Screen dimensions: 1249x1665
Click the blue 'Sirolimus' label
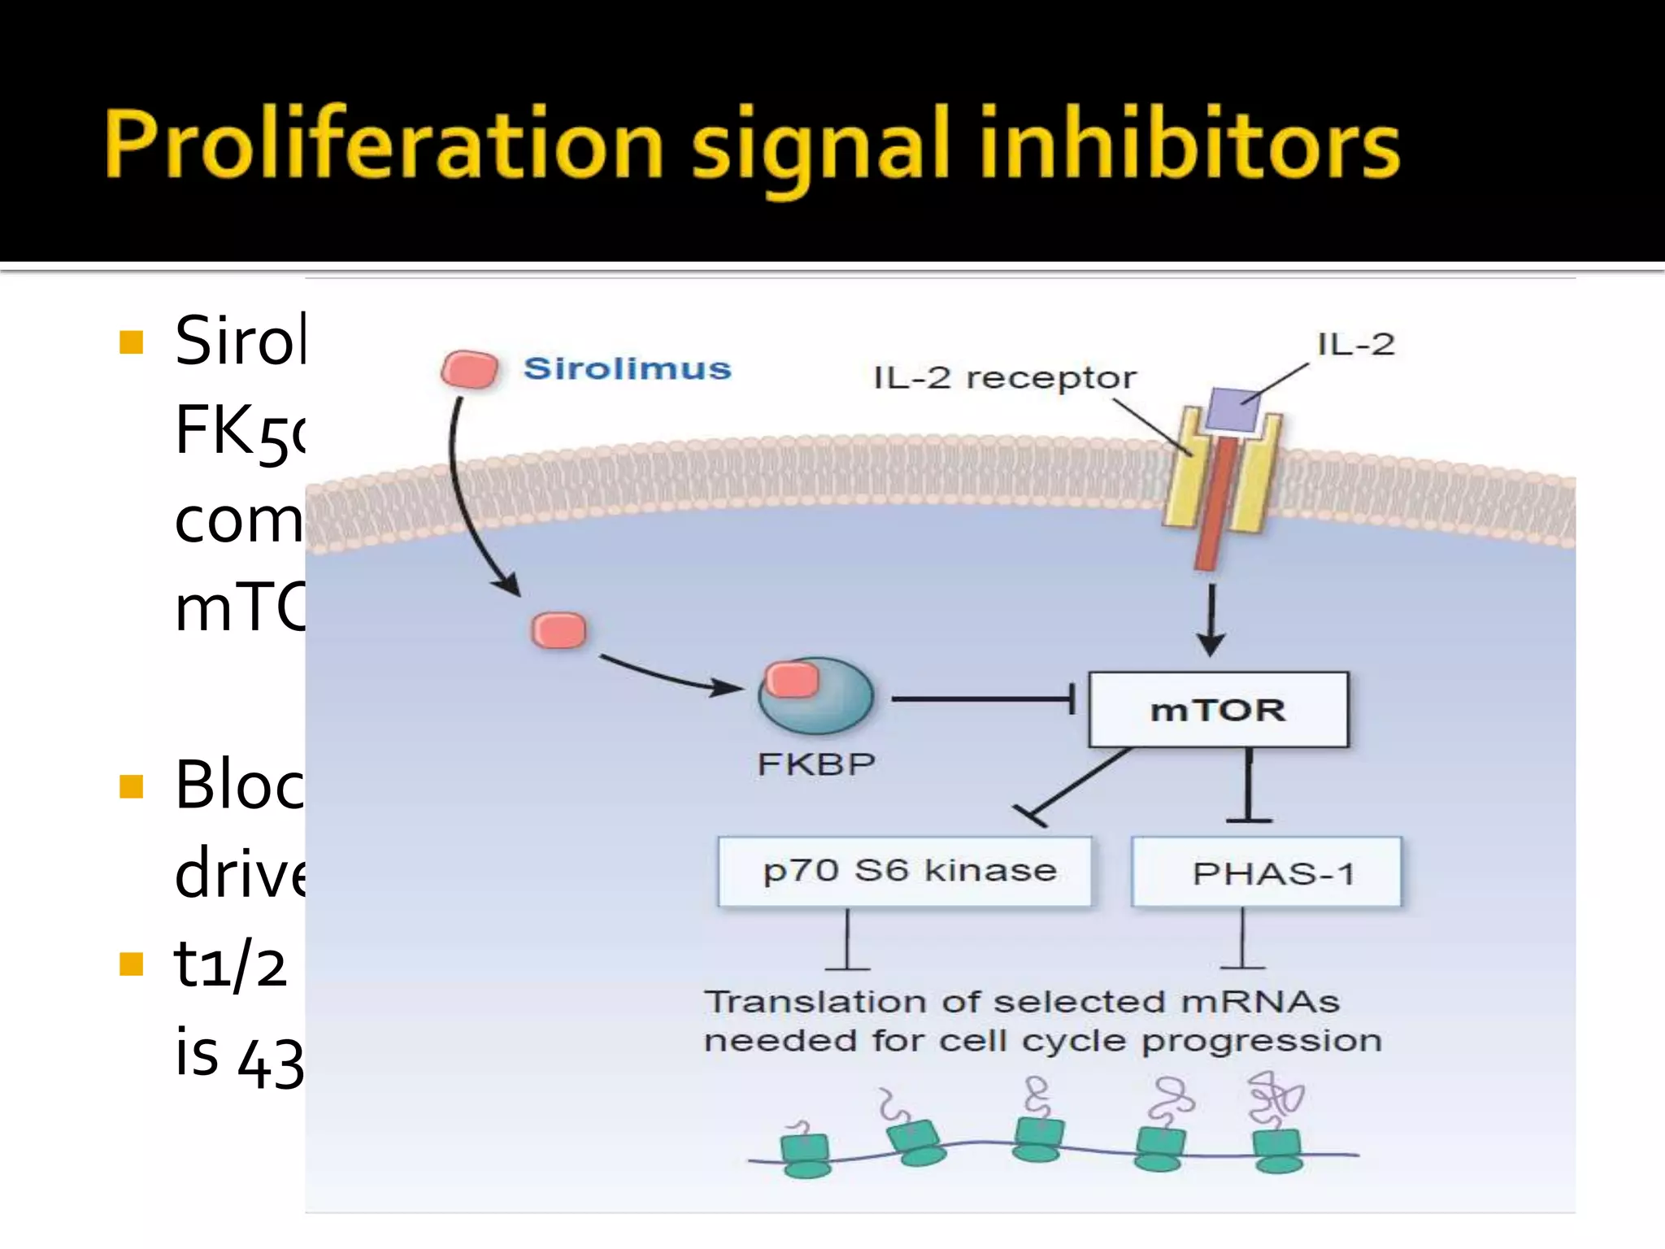point(627,369)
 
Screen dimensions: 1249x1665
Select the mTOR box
point(1217,710)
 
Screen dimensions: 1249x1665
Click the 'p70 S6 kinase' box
point(904,872)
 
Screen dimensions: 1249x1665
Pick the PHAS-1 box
point(1267,873)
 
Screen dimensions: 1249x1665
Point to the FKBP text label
point(815,764)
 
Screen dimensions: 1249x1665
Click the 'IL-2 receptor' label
point(1004,378)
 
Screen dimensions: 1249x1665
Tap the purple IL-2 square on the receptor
point(1232,408)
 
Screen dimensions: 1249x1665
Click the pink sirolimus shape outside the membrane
point(470,370)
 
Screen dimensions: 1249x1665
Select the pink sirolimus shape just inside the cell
point(559,631)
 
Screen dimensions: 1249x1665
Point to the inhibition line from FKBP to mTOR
point(984,699)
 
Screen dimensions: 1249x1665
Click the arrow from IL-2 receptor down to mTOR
point(1211,618)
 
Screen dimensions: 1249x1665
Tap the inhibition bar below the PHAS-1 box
point(1242,943)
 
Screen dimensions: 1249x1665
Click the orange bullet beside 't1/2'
point(131,964)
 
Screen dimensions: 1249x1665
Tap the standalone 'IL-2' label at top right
point(1355,345)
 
